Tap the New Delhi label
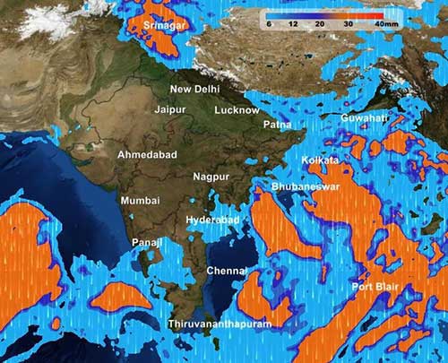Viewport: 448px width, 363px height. coord(195,90)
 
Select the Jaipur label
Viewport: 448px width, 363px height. coord(170,109)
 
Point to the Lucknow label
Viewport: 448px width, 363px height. coord(237,110)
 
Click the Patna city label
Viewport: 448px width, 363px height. coord(277,125)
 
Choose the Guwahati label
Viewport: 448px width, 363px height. coord(364,118)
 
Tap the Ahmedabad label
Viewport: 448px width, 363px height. coord(147,155)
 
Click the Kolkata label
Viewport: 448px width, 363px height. coord(321,160)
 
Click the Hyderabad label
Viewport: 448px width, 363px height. coord(212,220)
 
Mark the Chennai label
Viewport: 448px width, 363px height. coord(227,270)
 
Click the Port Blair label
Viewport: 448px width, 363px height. coord(375,287)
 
